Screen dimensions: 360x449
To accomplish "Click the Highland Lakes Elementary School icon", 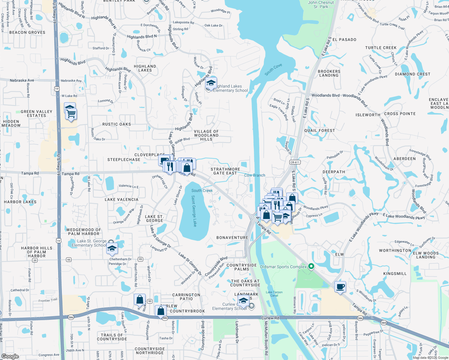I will point(211,83).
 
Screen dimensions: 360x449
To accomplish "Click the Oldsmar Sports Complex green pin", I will point(311,266).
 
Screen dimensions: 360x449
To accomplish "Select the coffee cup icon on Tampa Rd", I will point(340,287).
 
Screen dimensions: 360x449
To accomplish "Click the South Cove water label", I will point(273,70).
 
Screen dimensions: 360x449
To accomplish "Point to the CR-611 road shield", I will point(295,162).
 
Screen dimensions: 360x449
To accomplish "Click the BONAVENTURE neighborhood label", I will point(232,238).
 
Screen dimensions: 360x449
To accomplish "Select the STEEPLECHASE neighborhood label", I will point(124,160).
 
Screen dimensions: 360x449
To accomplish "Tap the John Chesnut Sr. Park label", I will point(321,4).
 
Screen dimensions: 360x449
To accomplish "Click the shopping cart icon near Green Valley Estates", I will point(71,114).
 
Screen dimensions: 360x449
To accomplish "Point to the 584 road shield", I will point(384,323).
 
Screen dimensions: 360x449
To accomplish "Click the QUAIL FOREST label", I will point(319,130).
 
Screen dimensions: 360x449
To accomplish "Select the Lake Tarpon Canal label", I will point(274,294).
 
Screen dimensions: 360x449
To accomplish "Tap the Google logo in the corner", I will point(10,356).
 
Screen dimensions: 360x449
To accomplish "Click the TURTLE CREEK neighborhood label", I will point(381,48).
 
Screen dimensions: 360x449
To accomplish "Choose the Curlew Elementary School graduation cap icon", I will point(243,300).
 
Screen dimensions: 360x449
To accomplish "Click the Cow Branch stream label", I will point(255,175).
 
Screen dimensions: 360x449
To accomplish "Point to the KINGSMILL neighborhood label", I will point(395,274).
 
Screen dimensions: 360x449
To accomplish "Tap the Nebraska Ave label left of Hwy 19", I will point(22,80).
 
